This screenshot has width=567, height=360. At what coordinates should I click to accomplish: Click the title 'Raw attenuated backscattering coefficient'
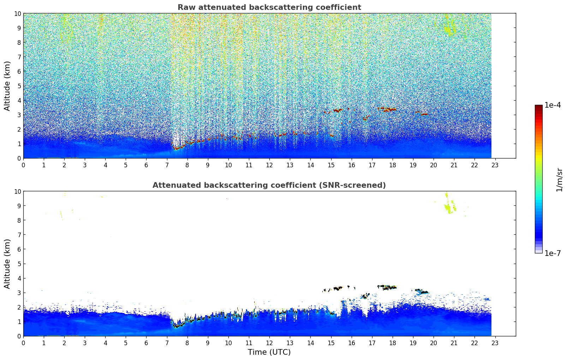[x=269, y=7]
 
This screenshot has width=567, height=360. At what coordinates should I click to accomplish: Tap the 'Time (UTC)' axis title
[x=269, y=352]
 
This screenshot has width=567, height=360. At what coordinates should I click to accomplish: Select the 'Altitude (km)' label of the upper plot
[x=7, y=86]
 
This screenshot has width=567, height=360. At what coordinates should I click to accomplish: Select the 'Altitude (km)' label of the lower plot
[x=7, y=264]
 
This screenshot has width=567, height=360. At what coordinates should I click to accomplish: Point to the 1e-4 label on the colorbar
[x=553, y=105]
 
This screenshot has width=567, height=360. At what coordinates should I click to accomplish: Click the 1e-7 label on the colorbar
[x=553, y=253]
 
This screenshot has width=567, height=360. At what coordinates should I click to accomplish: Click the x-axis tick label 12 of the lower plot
[x=269, y=343]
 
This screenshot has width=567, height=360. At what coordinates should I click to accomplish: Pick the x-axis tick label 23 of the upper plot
[x=495, y=165]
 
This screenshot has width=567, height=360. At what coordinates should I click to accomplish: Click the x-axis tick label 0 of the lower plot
[x=24, y=343]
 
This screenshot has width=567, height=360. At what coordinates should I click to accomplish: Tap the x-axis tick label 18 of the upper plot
[x=392, y=165]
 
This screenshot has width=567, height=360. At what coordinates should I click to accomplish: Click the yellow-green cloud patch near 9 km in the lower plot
[x=449, y=207]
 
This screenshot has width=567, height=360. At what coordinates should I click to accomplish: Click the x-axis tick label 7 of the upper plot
[x=167, y=165]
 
